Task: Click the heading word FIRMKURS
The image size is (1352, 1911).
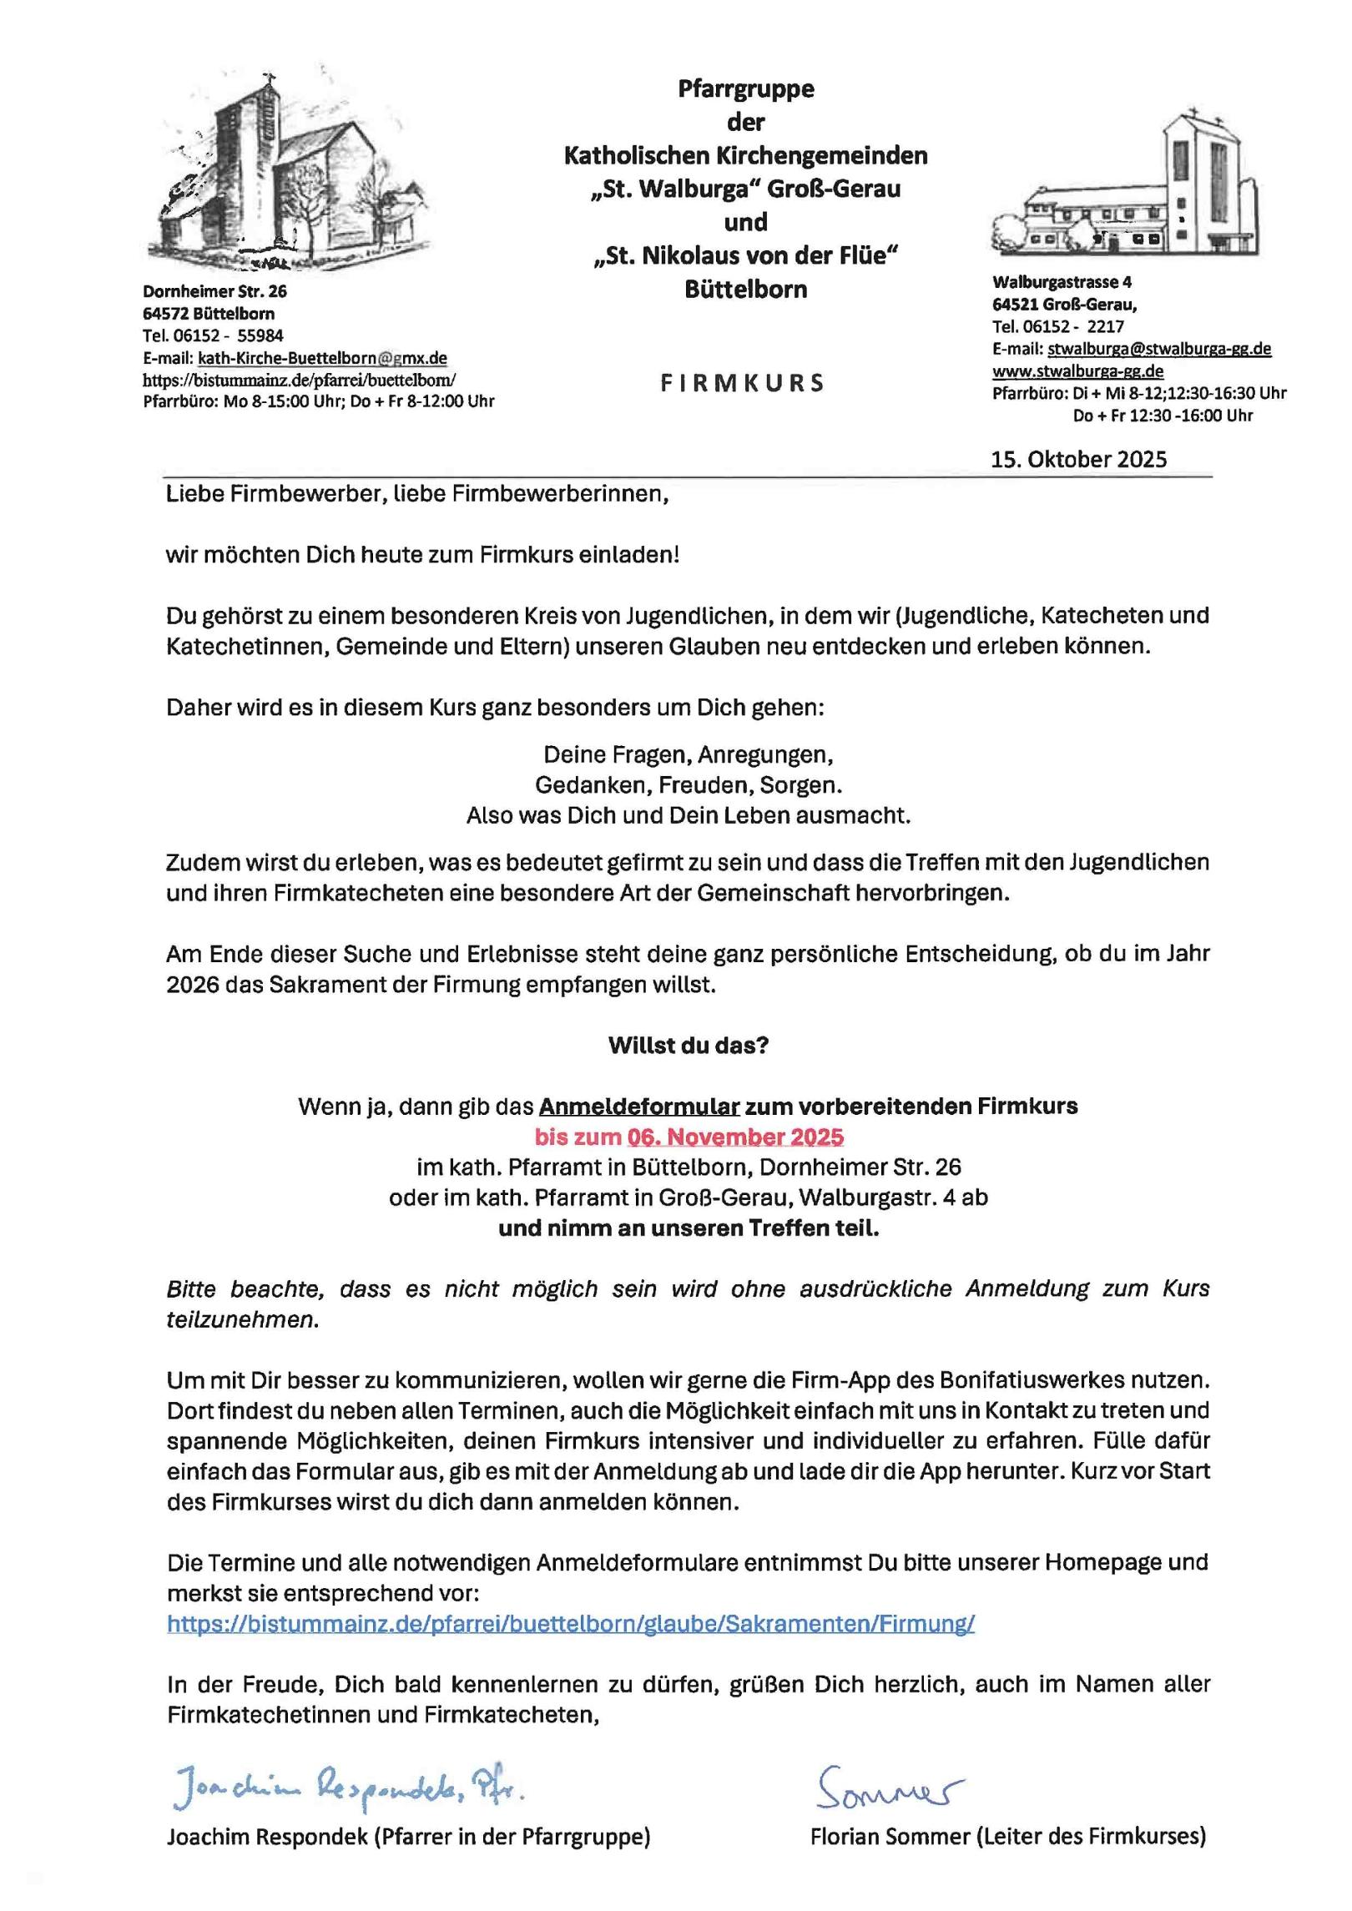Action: coord(742,383)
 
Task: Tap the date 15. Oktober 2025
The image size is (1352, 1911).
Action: coord(1078,459)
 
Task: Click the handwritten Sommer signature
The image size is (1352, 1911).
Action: coord(889,1787)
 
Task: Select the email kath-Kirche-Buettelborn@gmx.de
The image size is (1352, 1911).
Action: coord(322,358)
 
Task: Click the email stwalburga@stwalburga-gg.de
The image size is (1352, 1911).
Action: coord(1159,349)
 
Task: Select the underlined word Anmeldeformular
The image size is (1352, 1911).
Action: coord(639,1107)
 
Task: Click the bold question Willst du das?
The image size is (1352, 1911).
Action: coord(688,1046)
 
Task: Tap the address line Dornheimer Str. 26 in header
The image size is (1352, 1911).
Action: coord(214,291)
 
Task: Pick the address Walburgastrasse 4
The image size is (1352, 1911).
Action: coord(1062,282)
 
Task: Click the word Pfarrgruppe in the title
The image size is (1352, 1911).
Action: coord(745,88)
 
